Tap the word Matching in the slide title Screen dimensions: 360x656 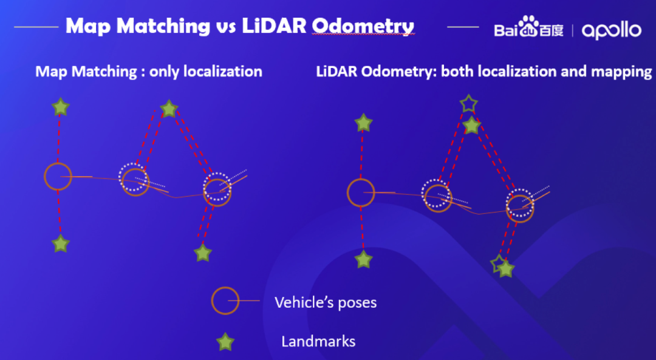[155, 26]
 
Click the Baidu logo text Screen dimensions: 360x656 [528, 29]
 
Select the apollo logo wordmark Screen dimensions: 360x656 [611, 30]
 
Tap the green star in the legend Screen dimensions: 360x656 [225, 342]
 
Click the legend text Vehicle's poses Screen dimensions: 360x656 [326, 302]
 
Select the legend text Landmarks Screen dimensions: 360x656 [318, 341]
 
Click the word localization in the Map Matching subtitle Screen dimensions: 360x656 [223, 72]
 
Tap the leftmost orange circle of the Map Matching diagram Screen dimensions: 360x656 [58, 176]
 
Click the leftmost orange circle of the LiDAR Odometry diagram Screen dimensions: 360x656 [361, 192]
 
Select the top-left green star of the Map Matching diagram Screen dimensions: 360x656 [60, 107]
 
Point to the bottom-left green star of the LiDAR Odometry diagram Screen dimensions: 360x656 [363, 259]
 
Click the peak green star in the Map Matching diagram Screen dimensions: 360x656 [169, 109]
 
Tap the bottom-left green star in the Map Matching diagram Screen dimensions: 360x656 [60, 244]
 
